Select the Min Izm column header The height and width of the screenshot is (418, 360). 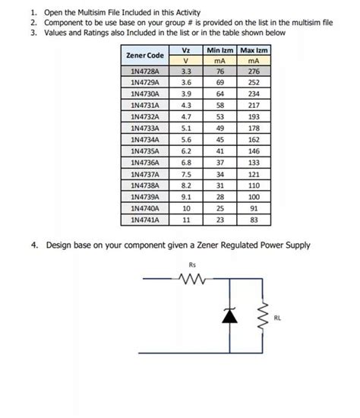click(219, 50)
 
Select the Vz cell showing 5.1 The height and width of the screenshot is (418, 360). click(185, 129)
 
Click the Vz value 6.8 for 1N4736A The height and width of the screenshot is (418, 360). click(185, 163)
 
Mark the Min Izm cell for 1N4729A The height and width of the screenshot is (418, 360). click(219, 82)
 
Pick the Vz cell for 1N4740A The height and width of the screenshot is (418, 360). click(185, 208)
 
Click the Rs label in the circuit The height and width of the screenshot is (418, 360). click(192, 265)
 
